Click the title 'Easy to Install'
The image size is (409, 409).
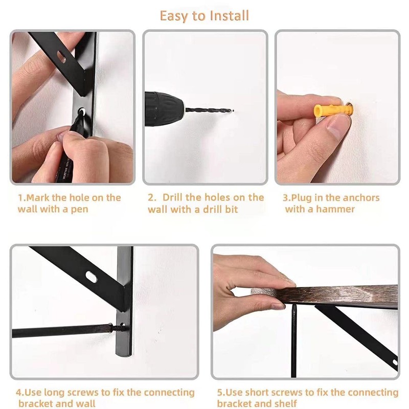204,16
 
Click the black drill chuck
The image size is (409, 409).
164,109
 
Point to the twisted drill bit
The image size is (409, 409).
208,110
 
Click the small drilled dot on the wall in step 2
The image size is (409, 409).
233,110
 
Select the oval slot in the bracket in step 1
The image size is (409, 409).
61,57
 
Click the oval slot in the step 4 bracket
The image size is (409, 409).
92,277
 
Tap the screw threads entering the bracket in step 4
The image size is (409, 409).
117,328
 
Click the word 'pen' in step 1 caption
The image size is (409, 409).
79,210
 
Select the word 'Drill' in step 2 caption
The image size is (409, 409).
173,197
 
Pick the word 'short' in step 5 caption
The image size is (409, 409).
257,392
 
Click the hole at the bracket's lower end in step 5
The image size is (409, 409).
395,362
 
